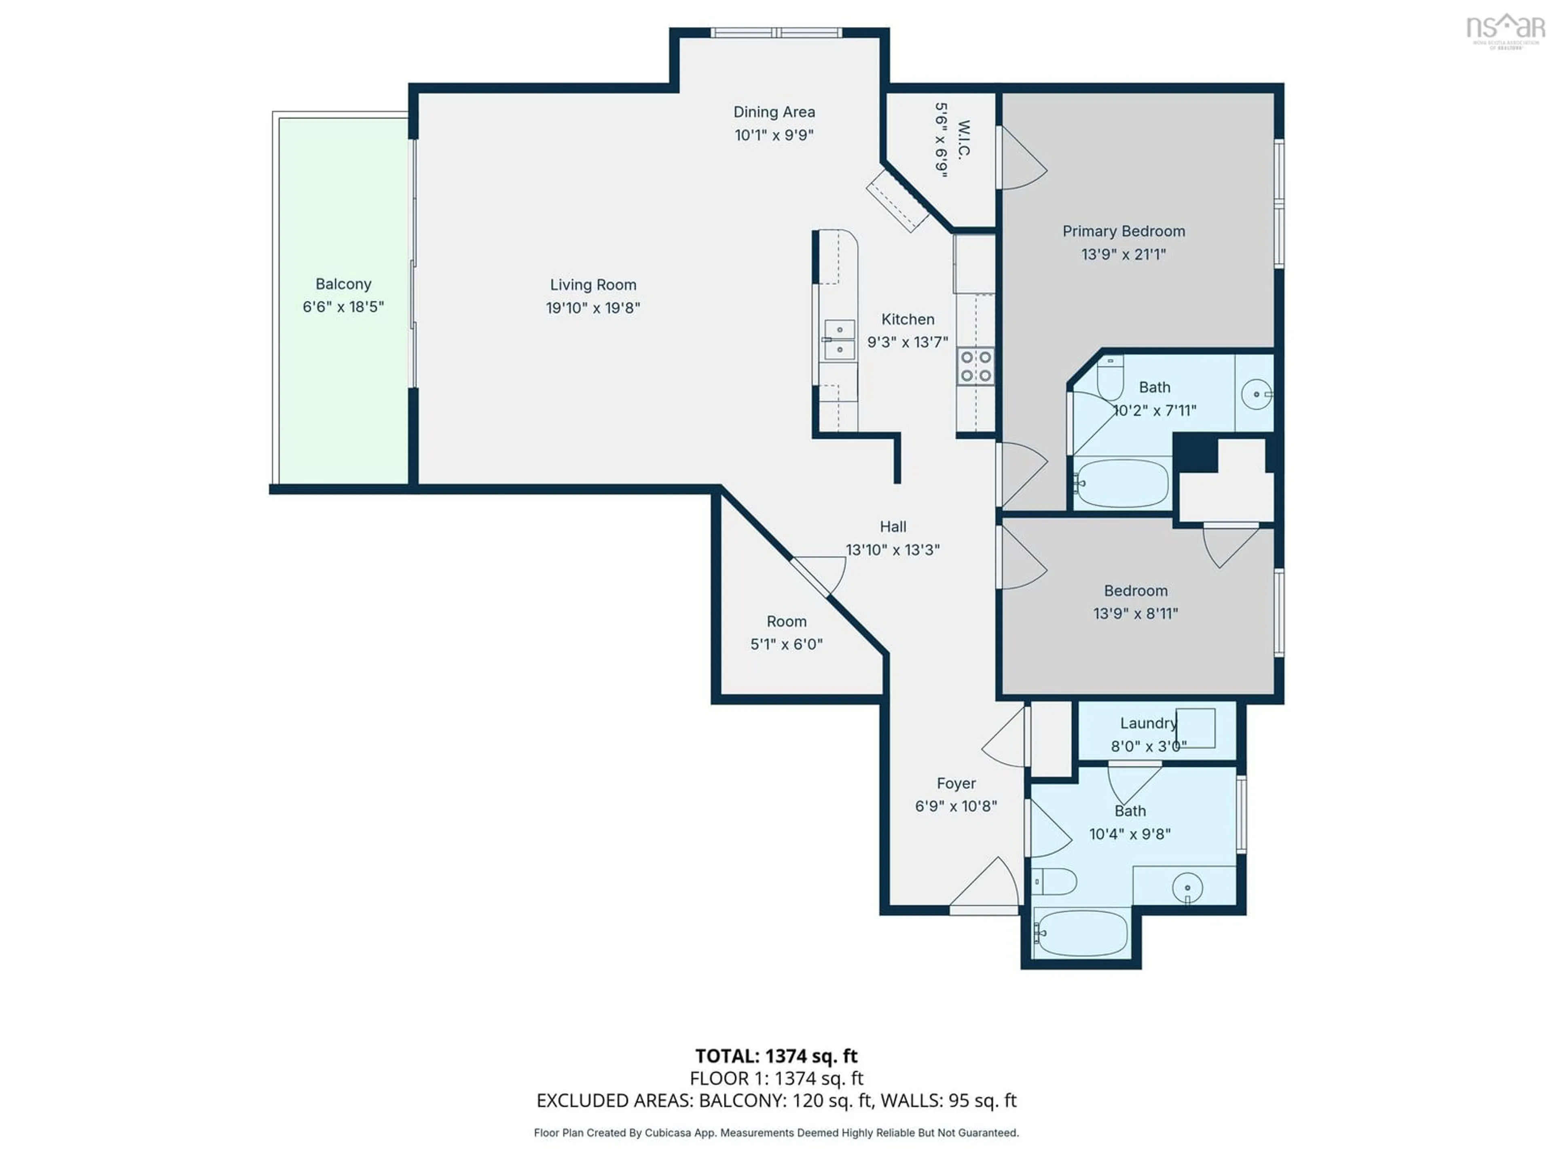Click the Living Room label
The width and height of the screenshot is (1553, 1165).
tap(593, 284)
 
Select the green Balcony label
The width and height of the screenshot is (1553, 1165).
tap(343, 284)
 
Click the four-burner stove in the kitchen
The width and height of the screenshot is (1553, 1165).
tap(976, 366)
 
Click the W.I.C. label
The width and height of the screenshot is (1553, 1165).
tap(963, 140)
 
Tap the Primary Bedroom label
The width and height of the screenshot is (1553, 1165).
tap(1123, 231)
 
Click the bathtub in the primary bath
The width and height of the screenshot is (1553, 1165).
tap(1121, 483)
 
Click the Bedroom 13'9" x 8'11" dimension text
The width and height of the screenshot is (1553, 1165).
tap(1135, 613)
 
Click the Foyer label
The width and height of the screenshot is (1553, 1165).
tap(956, 783)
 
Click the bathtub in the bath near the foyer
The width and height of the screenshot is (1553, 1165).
tap(1081, 932)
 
